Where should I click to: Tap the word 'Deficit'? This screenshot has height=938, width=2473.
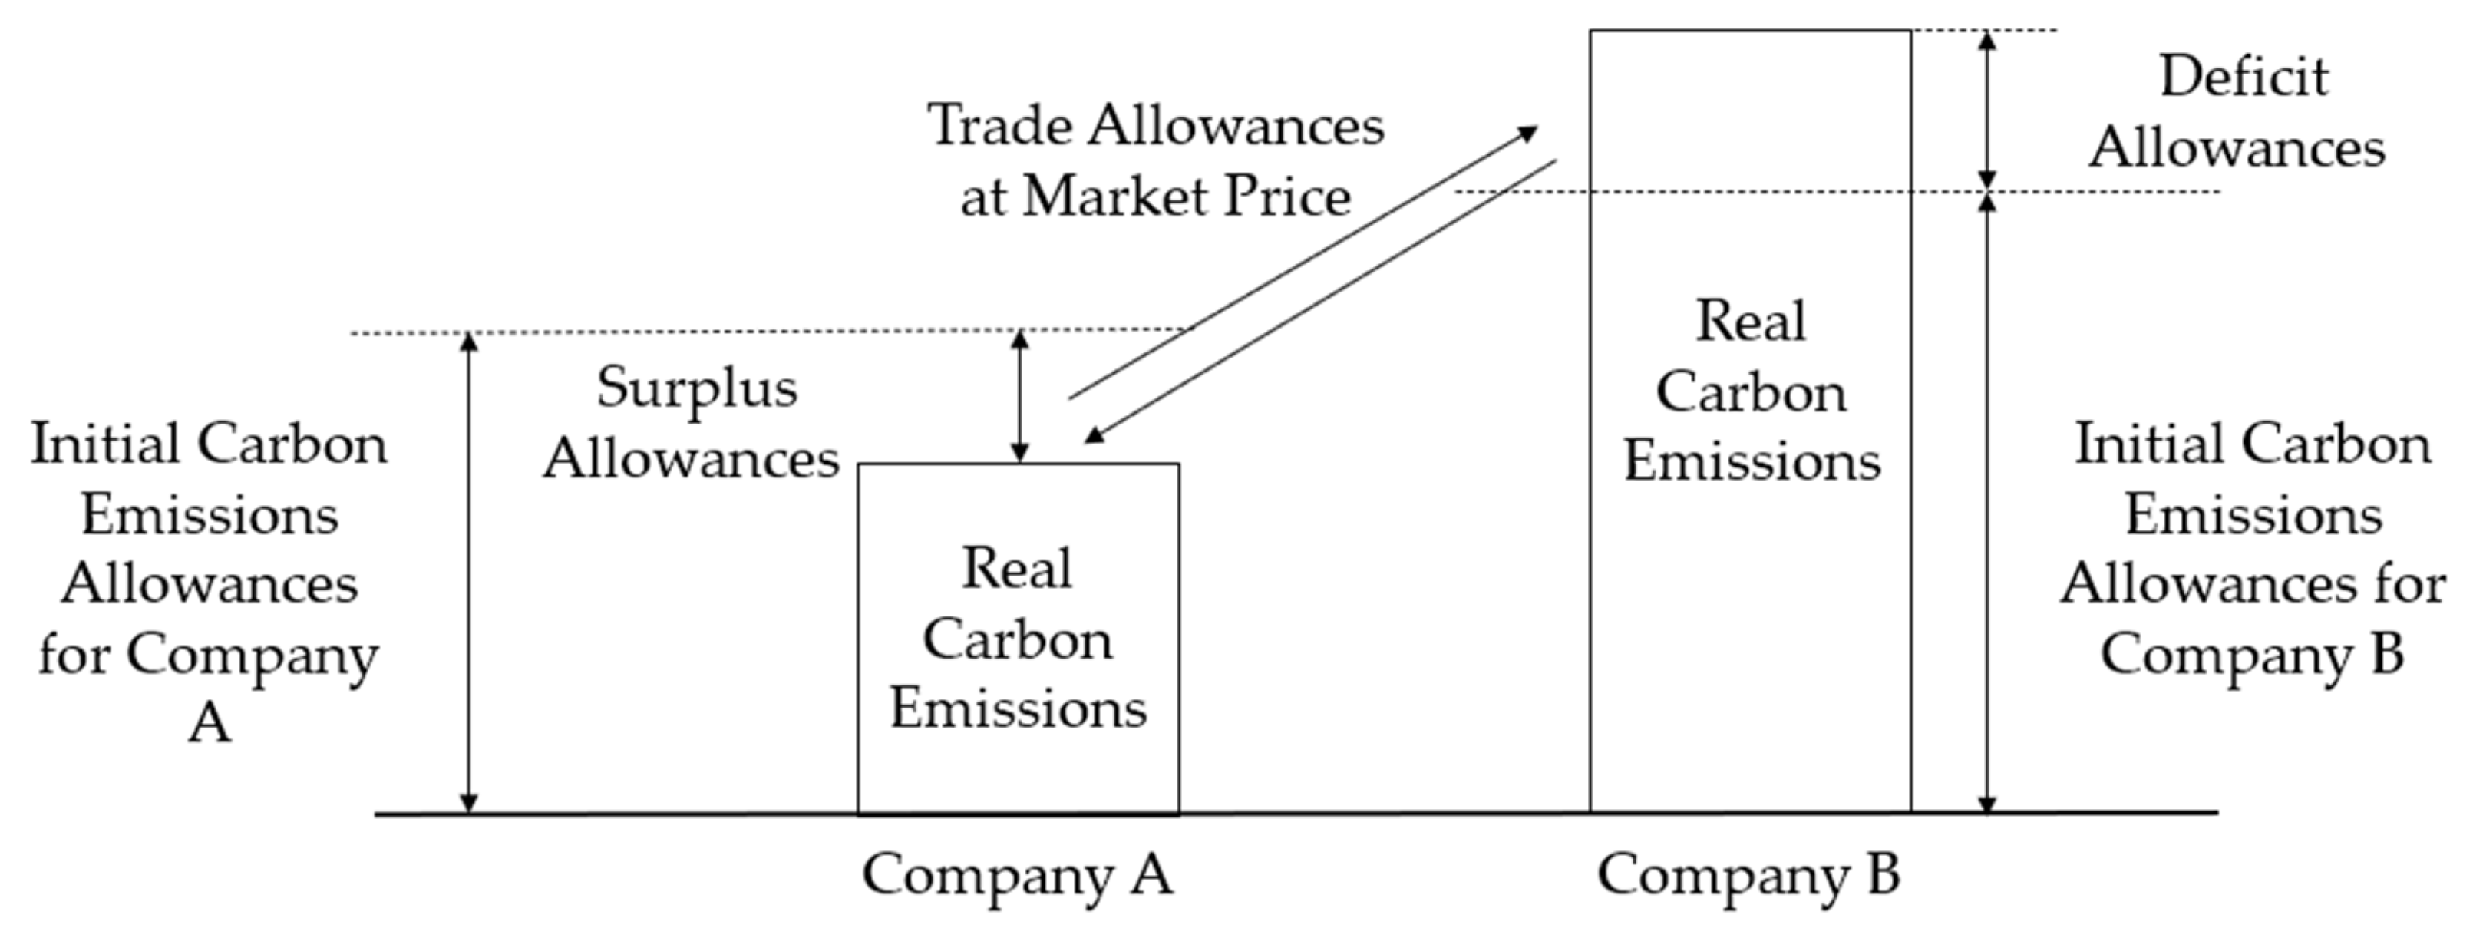2244,77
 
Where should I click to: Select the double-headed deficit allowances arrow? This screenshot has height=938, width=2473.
1988,111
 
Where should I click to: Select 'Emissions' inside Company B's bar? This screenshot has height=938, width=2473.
1751,462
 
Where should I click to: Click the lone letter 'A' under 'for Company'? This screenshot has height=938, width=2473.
210,723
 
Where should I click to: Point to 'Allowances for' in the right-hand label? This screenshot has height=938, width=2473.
2252,583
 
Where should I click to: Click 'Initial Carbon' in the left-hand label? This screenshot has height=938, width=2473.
210,444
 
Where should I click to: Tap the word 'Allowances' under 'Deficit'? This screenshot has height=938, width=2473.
2237,148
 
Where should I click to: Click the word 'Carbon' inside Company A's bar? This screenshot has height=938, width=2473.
1018,639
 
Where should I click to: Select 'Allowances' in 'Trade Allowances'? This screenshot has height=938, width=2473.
1236,126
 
